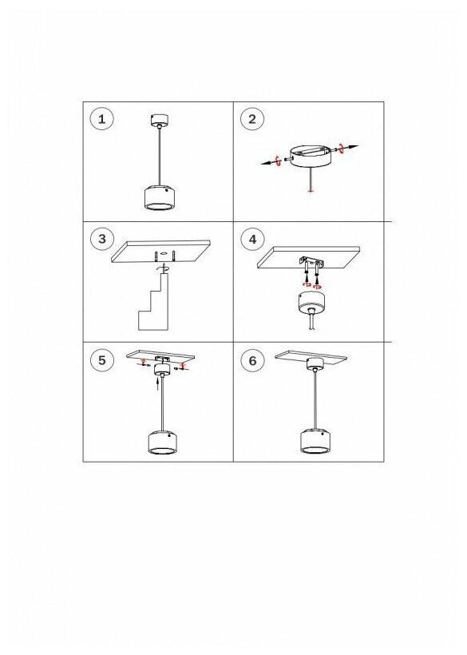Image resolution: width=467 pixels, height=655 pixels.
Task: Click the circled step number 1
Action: point(102,119)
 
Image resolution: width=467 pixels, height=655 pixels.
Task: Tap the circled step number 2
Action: point(252,119)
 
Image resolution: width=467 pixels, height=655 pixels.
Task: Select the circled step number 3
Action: point(102,240)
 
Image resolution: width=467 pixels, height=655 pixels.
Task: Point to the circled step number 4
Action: point(252,240)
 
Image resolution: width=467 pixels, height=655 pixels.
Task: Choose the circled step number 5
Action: point(102,360)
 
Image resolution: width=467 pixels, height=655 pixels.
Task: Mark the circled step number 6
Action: point(252,360)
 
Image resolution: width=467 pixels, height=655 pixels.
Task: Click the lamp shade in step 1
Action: point(159,196)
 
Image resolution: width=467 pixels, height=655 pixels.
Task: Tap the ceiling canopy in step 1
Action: point(158,120)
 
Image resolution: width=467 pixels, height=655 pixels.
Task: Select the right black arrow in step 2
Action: point(349,147)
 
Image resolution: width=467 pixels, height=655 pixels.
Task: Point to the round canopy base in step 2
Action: point(310,156)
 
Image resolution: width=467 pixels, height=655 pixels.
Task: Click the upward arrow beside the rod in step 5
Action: point(157,383)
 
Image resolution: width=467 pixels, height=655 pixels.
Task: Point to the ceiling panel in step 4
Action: point(308,257)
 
